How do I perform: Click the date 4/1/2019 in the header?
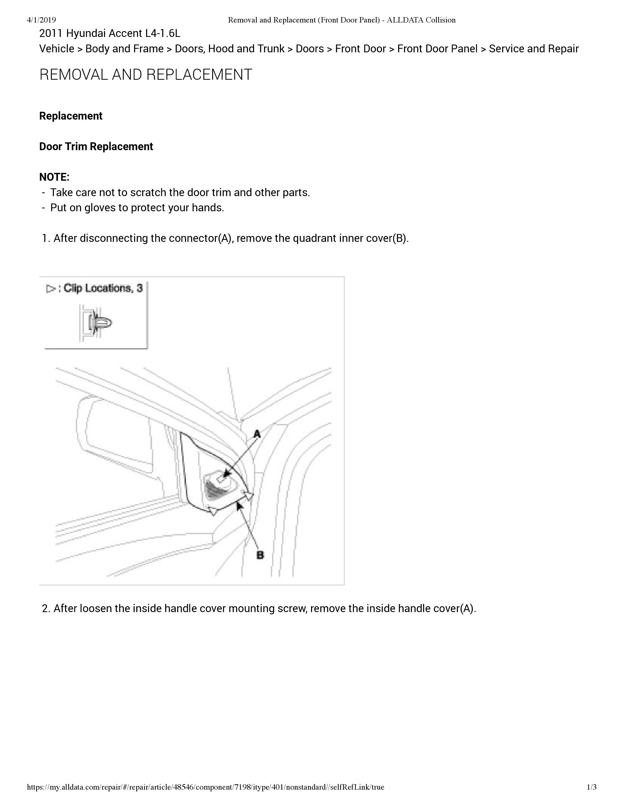41,20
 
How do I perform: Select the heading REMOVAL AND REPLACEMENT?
146,75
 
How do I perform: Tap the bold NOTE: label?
54,177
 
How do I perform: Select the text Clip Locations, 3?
103,288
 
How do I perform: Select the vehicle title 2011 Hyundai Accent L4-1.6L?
110,34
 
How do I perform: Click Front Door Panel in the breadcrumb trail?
437,49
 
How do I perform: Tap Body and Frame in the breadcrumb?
124,49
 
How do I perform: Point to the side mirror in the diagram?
115,436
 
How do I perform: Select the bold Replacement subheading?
71,116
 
